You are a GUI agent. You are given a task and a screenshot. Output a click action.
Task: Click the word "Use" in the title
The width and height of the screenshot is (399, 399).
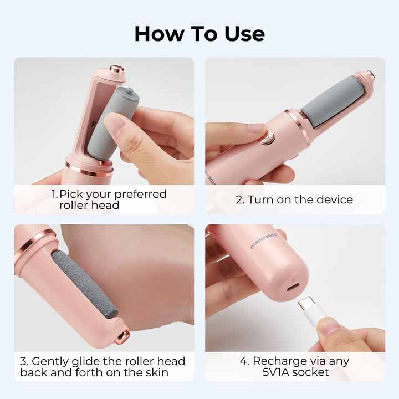click(x=244, y=34)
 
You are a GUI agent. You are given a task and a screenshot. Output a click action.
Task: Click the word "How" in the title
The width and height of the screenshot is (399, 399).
click(x=160, y=34)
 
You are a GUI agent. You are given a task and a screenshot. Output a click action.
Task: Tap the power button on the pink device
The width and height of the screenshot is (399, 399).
click(x=267, y=137)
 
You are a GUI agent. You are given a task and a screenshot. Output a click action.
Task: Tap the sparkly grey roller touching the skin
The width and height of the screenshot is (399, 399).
click(x=84, y=284)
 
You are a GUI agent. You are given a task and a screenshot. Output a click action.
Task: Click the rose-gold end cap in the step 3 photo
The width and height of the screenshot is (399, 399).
click(x=122, y=337)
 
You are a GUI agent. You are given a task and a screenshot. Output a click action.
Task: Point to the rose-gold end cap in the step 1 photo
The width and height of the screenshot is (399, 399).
click(x=117, y=69)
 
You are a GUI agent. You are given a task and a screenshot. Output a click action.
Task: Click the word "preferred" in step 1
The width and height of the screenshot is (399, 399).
click(x=140, y=195)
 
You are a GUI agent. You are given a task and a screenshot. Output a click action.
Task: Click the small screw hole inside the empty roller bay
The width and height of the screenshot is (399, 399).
click(x=93, y=124)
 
